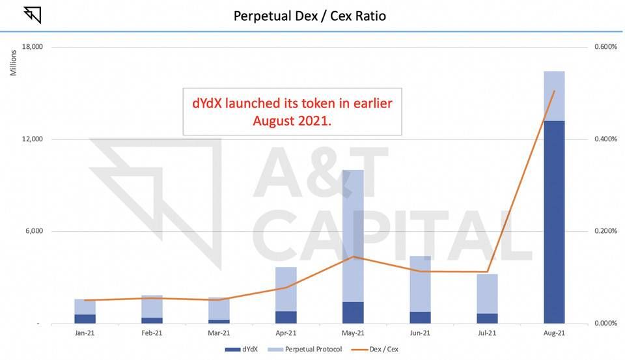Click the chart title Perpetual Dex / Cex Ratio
(309, 15)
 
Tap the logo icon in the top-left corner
(32, 14)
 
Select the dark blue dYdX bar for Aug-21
(553, 221)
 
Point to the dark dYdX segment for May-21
(353, 312)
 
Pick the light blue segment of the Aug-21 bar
(553, 96)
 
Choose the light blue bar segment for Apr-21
(286, 289)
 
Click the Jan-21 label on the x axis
(85, 333)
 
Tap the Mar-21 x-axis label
(219, 333)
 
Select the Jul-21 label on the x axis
(487, 333)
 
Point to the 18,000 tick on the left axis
(32, 47)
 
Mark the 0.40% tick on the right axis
(604, 139)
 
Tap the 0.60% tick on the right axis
(604, 47)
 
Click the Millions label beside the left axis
(13, 62)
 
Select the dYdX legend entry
(242, 350)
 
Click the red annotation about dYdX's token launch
(292, 111)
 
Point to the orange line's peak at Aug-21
(553, 91)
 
